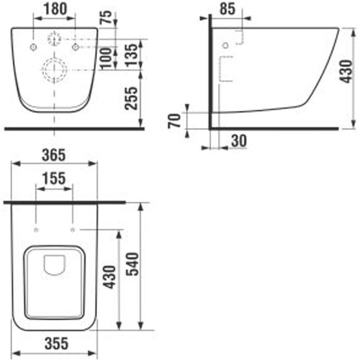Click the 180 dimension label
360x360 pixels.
point(55,8)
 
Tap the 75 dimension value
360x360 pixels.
point(106,17)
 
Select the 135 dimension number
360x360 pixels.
point(131,56)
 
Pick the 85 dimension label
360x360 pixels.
point(228,9)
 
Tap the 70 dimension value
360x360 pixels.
point(175,121)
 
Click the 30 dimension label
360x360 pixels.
point(239,141)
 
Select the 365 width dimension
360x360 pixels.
point(53,155)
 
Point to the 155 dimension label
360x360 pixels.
point(54,178)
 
